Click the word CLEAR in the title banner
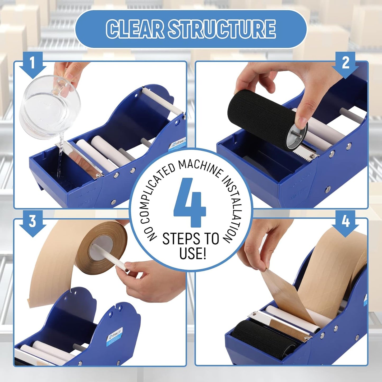point(135,29)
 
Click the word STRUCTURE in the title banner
point(222,29)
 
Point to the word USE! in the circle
point(192,253)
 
